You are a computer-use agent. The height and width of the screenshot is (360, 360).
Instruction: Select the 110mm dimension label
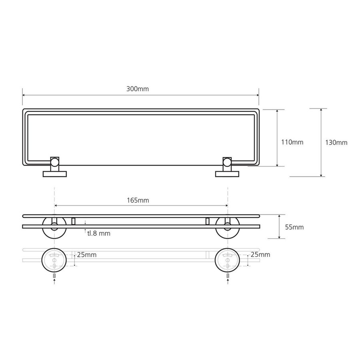pyautogui.click(x=292, y=142)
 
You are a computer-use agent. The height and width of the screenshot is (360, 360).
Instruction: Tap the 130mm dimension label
pyautogui.click(x=336, y=142)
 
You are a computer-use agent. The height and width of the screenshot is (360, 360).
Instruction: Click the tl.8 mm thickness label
pyautogui.click(x=98, y=233)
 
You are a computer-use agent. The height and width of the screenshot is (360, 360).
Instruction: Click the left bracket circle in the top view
pyautogui.click(x=54, y=162)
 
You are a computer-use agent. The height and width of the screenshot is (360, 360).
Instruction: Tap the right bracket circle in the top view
pyautogui.click(x=227, y=162)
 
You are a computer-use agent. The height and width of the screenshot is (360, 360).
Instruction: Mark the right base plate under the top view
pyautogui.click(x=227, y=174)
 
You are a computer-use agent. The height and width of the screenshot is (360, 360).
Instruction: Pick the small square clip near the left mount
pyautogui.click(x=73, y=221)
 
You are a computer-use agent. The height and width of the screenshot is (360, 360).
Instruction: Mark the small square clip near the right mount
pyautogui.click(x=207, y=221)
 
